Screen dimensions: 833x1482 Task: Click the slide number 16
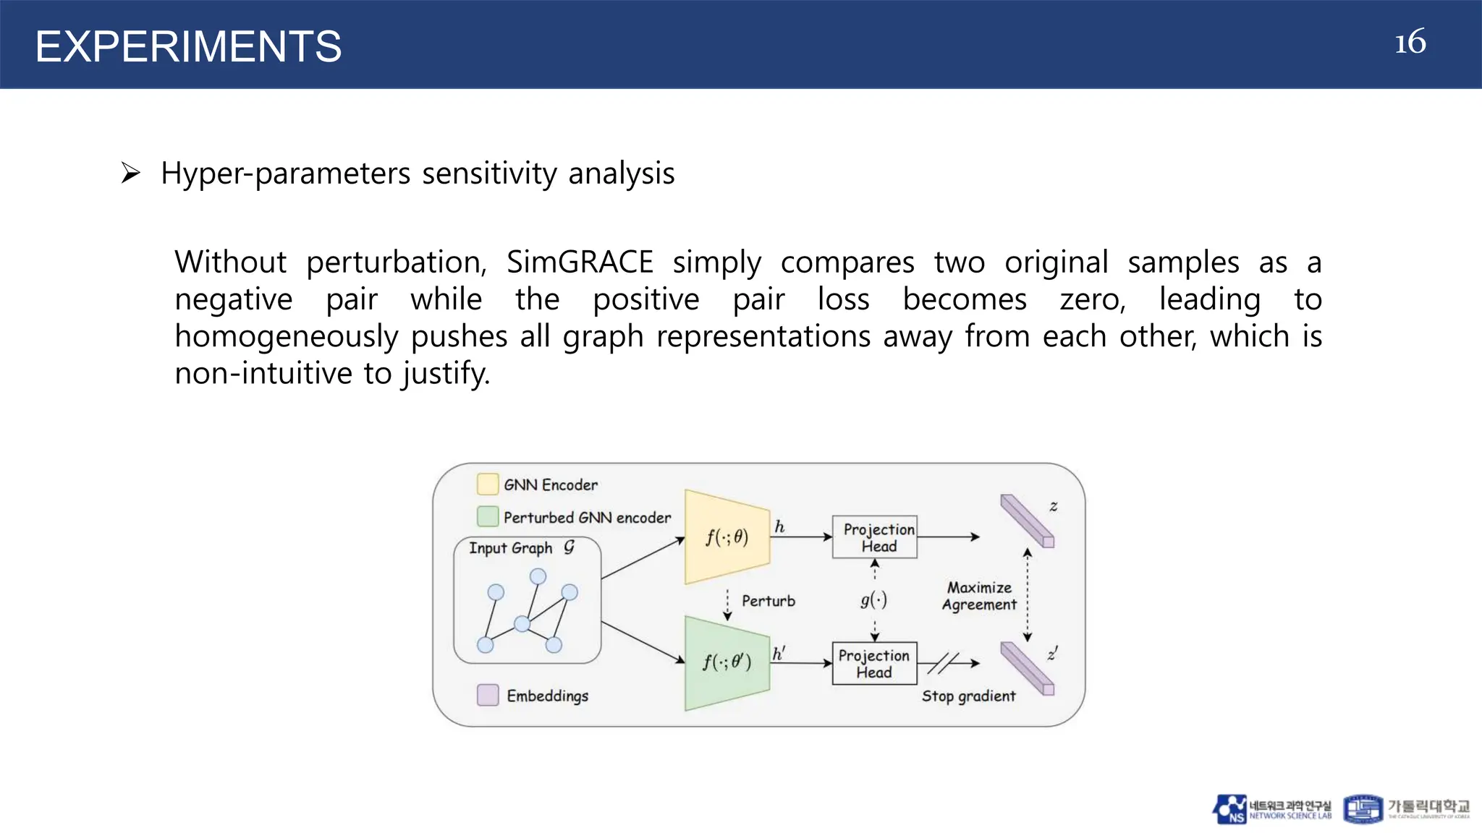coord(1410,42)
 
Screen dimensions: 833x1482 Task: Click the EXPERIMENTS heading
coord(188,46)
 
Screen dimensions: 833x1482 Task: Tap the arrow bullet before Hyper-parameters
coord(130,174)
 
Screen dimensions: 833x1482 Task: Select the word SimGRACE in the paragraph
coord(579,262)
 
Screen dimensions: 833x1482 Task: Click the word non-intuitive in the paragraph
coord(262,373)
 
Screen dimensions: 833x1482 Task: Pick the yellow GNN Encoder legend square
coord(488,484)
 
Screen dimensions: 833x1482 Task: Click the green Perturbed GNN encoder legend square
coord(488,516)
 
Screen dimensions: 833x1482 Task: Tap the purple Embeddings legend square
coord(488,695)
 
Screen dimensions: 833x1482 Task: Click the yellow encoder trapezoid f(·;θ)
coord(727,537)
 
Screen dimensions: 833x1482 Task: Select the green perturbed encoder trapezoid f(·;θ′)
coord(727,662)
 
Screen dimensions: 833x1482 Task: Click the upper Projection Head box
coord(874,537)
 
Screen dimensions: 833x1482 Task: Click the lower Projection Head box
coord(874,662)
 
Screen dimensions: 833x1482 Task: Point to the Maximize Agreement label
coord(978,596)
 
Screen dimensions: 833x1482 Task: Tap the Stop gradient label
coord(968,696)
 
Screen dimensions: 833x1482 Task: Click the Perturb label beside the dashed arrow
coord(768,601)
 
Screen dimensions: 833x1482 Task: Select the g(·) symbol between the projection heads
coord(873,599)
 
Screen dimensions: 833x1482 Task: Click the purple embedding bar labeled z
coord(1026,521)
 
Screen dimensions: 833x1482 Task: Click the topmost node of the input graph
coord(538,576)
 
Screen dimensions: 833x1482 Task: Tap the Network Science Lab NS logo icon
coord(1229,809)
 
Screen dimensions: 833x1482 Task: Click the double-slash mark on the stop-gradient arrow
coord(942,662)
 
